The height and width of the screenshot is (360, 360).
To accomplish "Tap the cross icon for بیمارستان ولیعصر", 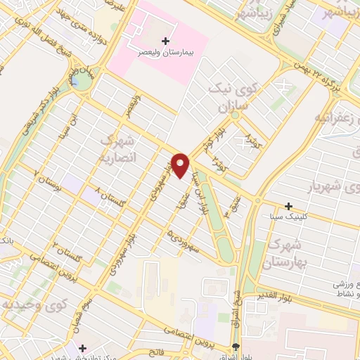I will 165,41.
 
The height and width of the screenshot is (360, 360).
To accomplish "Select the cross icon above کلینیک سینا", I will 288,207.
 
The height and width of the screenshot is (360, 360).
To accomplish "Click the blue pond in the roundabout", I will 75,80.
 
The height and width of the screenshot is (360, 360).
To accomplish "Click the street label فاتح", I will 155,349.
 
